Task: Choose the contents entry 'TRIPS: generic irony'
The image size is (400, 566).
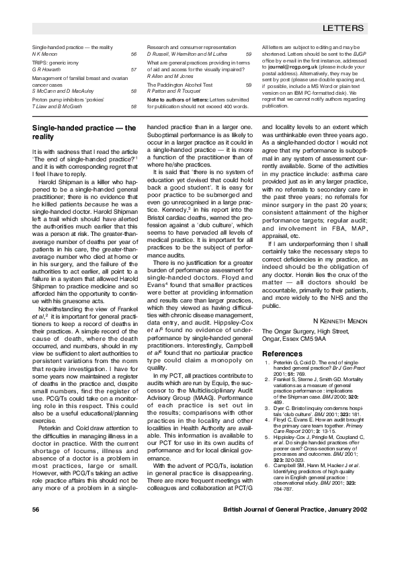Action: coord(56,62)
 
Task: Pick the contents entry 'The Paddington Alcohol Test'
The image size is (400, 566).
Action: coord(179,85)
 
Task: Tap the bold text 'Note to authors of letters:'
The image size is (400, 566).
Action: coord(175,100)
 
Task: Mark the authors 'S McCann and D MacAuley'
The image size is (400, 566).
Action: coord(62,92)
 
